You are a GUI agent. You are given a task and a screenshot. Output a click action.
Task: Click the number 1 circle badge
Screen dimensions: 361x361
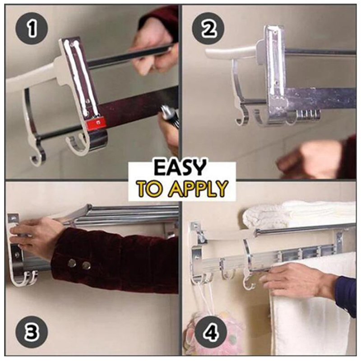coord(31,28)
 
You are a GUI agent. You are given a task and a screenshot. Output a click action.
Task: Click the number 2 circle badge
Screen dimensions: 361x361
coord(208,28)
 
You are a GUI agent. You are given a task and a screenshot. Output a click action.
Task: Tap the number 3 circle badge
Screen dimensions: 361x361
coord(32,332)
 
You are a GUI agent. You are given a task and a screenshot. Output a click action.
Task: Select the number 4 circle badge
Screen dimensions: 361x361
coord(211,332)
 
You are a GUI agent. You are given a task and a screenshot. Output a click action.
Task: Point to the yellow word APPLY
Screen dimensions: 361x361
coord(199,189)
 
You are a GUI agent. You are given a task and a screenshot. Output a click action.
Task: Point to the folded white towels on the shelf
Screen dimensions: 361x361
coord(299,215)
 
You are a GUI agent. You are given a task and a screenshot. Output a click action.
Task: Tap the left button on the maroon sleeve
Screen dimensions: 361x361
coord(73,263)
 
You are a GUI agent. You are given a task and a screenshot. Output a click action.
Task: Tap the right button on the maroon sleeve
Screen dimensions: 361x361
coord(86,265)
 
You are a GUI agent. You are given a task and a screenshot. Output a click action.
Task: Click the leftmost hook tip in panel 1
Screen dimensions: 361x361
coord(32,159)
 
